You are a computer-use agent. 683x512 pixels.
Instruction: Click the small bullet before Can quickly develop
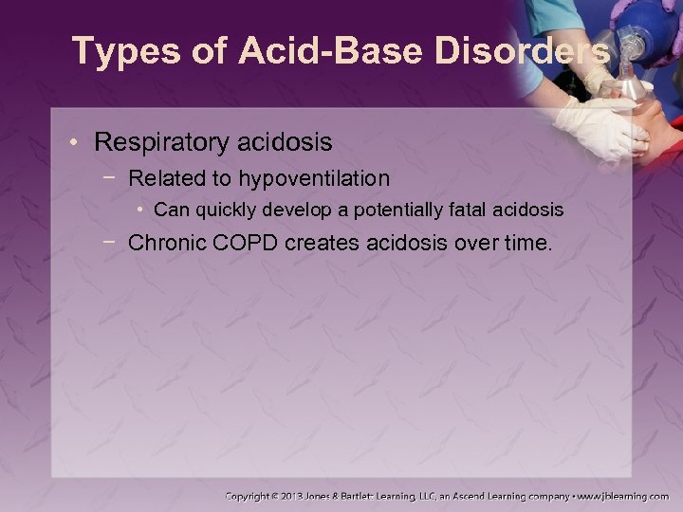139,209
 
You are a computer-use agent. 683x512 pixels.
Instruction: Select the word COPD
249,243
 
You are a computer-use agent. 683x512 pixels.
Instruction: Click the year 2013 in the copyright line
294,495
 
